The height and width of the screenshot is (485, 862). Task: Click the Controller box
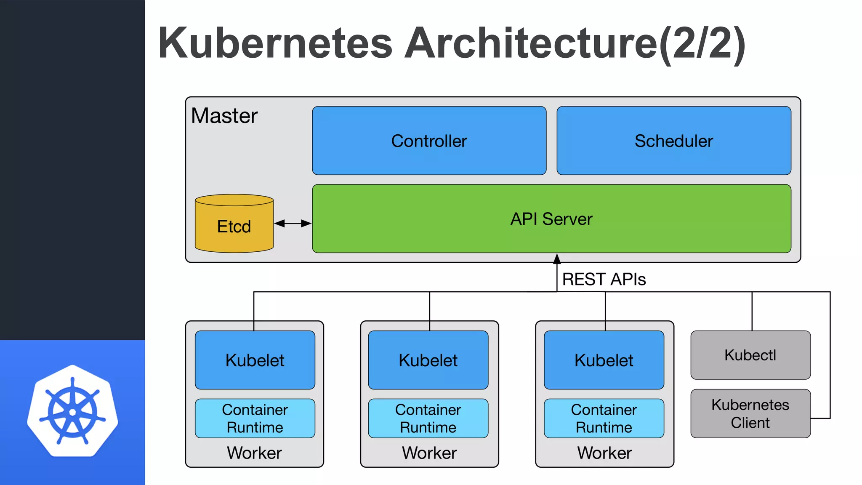point(429,141)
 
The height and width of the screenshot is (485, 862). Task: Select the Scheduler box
point(673,141)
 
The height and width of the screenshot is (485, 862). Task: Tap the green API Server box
point(551,219)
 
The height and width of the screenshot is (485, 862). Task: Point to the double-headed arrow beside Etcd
point(293,224)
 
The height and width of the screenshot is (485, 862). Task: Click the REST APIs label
point(604,280)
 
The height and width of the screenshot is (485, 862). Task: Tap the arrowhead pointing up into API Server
point(557,258)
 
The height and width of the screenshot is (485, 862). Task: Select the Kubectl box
point(750,355)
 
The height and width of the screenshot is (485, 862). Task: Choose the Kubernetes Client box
point(750,413)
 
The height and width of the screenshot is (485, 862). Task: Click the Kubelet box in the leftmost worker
point(255,360)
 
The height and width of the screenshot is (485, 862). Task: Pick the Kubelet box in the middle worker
point(428,360)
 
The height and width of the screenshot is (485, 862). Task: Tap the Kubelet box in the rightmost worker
point(604,360)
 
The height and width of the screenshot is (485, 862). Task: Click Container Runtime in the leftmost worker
point(255,418)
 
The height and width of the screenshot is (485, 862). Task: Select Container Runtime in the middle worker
point(428,418)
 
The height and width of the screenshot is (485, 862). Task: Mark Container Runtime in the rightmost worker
point(604,418)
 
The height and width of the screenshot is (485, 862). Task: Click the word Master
point(224,116)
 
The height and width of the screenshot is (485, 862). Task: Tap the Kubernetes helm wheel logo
point(72,411)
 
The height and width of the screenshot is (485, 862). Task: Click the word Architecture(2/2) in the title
point(575,43)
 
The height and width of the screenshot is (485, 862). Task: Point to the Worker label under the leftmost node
point(254,453)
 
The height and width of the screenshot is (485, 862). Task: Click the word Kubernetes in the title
point(275,43)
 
